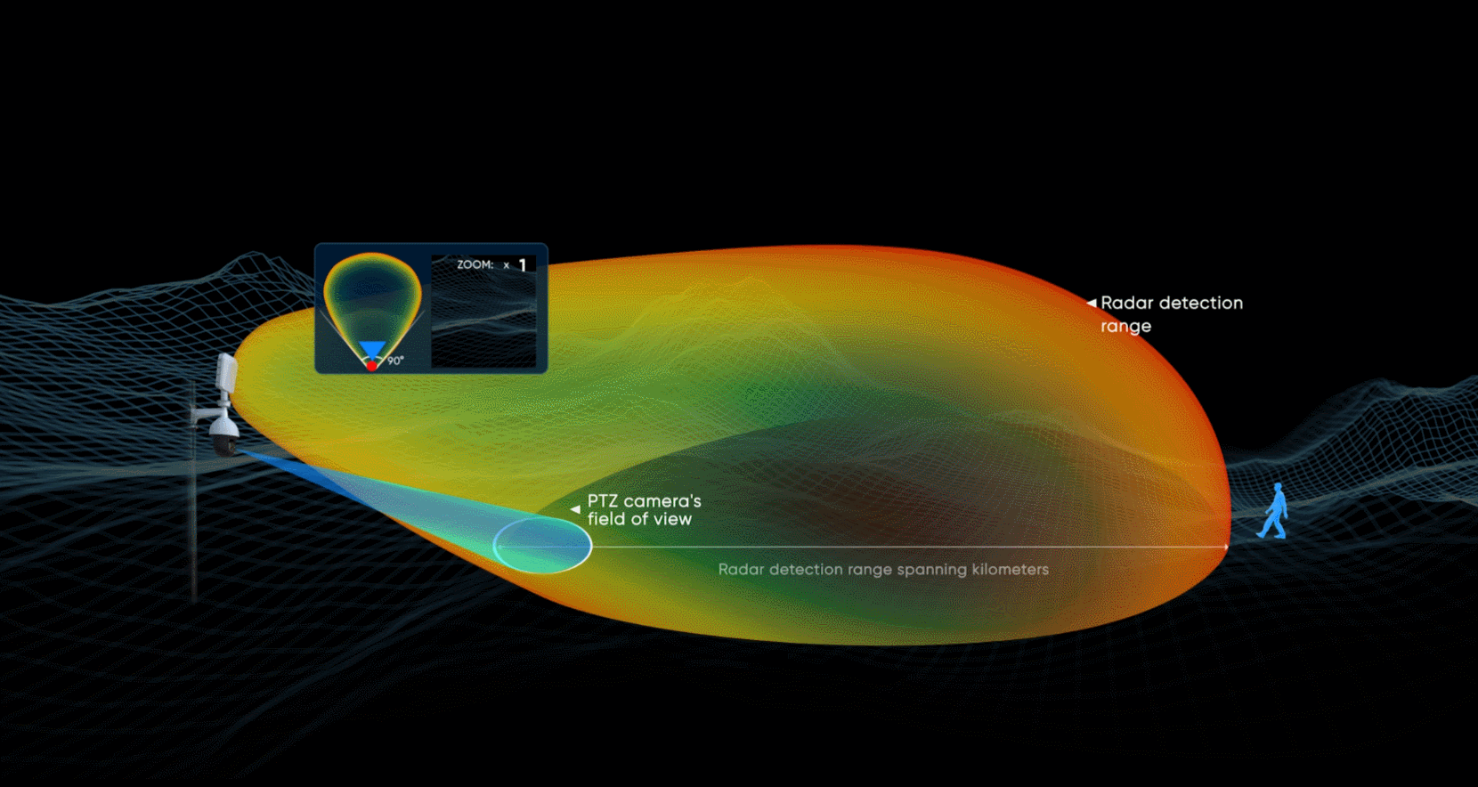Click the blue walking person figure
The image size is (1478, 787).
point(1273,511)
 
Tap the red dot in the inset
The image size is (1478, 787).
point(371,366)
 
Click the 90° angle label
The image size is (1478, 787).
point(395,361)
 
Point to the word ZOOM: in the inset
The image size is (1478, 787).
point(475,264)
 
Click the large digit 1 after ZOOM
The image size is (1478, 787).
point(523,265)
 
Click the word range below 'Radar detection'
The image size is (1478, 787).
point(1125,327)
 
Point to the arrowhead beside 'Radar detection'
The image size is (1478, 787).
point(1092,303)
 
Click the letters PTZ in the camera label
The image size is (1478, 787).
point(603,500)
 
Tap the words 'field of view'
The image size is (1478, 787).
point(639,519)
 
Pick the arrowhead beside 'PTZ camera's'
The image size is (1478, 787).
point(575,509)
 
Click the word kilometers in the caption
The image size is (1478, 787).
point(1011,569)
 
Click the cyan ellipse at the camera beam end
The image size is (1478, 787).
point(542,518)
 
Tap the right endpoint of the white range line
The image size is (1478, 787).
point(1227,547)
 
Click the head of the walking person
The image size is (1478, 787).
point(1278,488)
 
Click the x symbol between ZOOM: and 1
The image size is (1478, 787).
point(506,265)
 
